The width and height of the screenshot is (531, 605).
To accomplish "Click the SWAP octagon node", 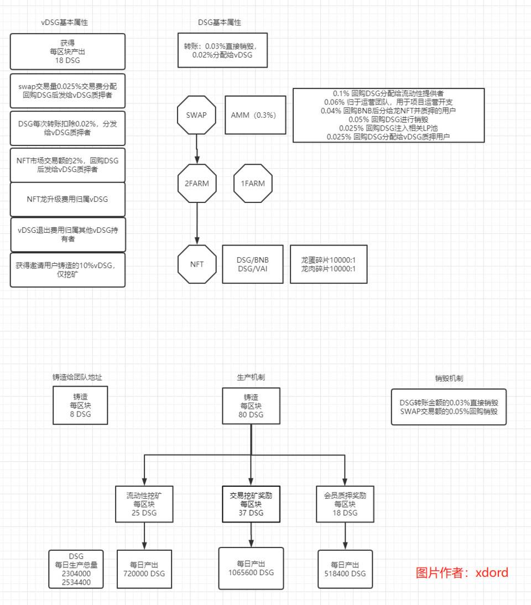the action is click(196, 115).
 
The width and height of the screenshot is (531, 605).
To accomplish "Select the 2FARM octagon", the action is click(197, 183).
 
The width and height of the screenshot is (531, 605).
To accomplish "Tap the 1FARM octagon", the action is click(253, 183).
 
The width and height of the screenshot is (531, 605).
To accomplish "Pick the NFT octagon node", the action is click(197, 264).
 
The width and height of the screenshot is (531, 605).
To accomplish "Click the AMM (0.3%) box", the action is click(256, 115).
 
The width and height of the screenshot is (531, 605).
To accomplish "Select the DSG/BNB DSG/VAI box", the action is click(253, 264).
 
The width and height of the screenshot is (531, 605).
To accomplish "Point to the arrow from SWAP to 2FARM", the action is click(197, 149).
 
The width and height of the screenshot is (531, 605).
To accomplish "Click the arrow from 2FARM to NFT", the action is click(197, 224).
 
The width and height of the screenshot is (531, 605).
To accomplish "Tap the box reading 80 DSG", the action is click(251, 406).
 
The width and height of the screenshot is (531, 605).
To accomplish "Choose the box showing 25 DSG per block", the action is click(144, 504).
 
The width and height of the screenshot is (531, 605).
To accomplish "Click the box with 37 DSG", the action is click(251, 504).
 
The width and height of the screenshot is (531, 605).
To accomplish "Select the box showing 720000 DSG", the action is click(144, 569).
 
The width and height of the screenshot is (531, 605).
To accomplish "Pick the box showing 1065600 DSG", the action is click(251, 569).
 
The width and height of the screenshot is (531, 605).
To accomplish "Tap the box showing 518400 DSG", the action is click(345, 569).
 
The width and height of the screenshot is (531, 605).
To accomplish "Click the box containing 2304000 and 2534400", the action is click(76, 569).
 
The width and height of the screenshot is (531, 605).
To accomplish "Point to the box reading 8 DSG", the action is click(80, 405).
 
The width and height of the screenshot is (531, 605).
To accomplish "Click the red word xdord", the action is click(492, 572).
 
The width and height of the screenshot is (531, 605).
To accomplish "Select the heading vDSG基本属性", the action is click(65, 22).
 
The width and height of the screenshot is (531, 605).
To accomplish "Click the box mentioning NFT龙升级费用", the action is click(67, 200).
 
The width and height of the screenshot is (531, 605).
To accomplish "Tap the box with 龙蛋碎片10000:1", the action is click(329, 264).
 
